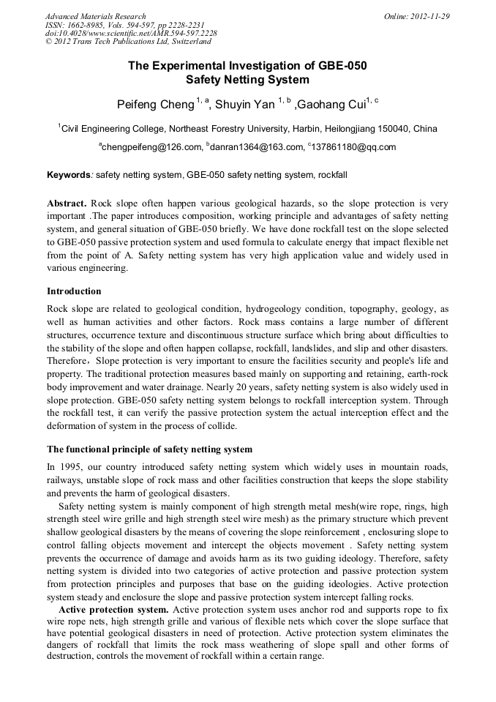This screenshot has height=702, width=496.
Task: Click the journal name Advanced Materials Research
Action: (95, 16)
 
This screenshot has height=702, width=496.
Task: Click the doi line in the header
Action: (131, 34)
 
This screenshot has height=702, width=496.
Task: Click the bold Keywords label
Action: (69, 176)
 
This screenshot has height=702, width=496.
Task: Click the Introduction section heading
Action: (74, 291)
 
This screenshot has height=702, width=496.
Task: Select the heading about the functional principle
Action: (149, 449)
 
